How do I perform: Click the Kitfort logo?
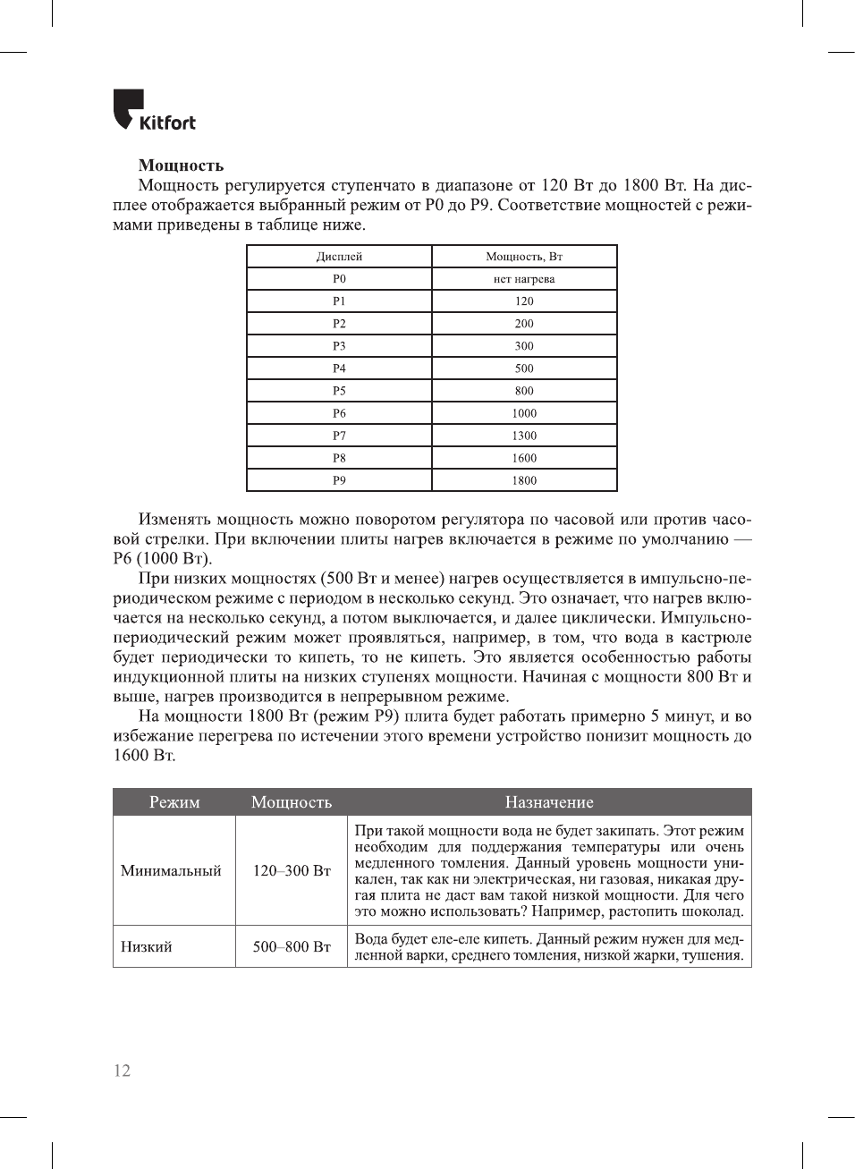154,111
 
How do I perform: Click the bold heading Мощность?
181,165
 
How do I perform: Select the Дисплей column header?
339,257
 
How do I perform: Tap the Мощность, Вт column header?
524,257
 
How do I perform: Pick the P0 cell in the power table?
339,279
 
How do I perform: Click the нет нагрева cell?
524,279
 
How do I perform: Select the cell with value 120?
524,301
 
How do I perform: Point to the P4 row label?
339,368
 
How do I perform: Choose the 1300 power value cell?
524,436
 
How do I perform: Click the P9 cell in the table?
339,480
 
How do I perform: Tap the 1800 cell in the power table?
524,480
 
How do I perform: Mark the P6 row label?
339,413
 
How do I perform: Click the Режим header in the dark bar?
174,802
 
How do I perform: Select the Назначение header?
549,802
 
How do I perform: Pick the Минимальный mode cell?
171,870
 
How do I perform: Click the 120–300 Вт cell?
292,870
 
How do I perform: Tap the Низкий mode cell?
147,946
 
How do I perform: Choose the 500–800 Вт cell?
292,946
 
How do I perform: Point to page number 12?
122,1071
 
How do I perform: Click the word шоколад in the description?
712,911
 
